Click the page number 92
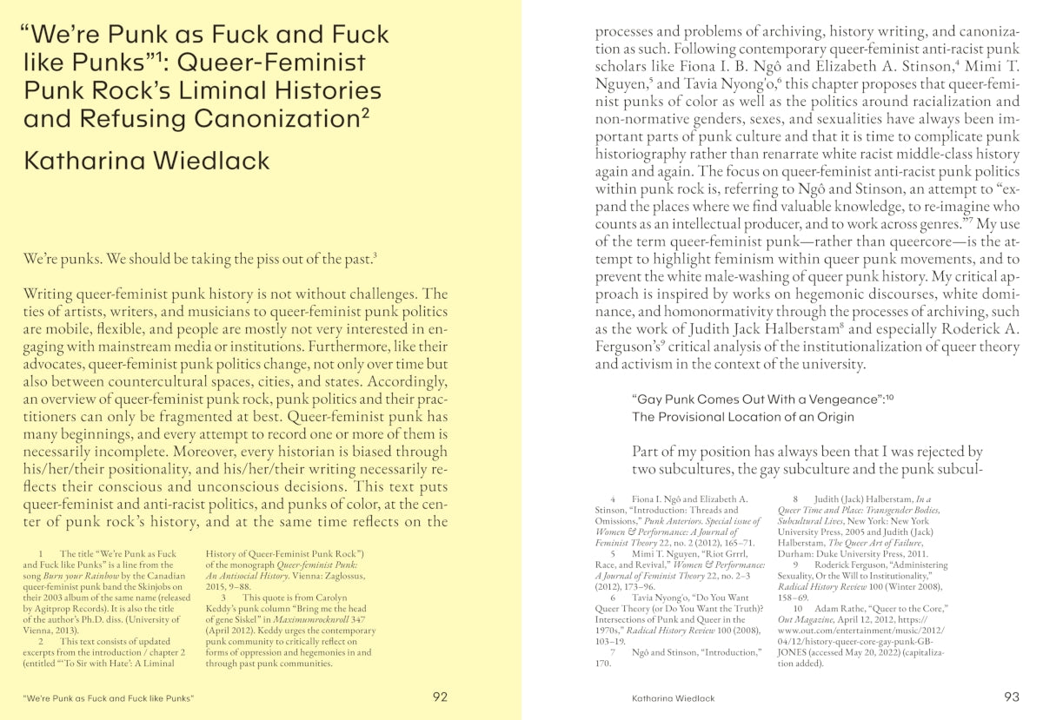(x=440, y=697)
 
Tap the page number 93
(x=1011, y=697)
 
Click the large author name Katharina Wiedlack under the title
(x=147, y=161)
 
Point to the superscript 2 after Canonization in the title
(x=365, y=112)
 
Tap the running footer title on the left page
(x=108, y=697)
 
